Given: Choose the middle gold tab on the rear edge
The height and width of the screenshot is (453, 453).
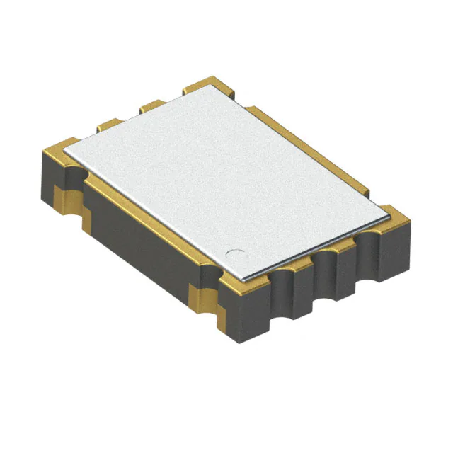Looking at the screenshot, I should coord(151,105).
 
